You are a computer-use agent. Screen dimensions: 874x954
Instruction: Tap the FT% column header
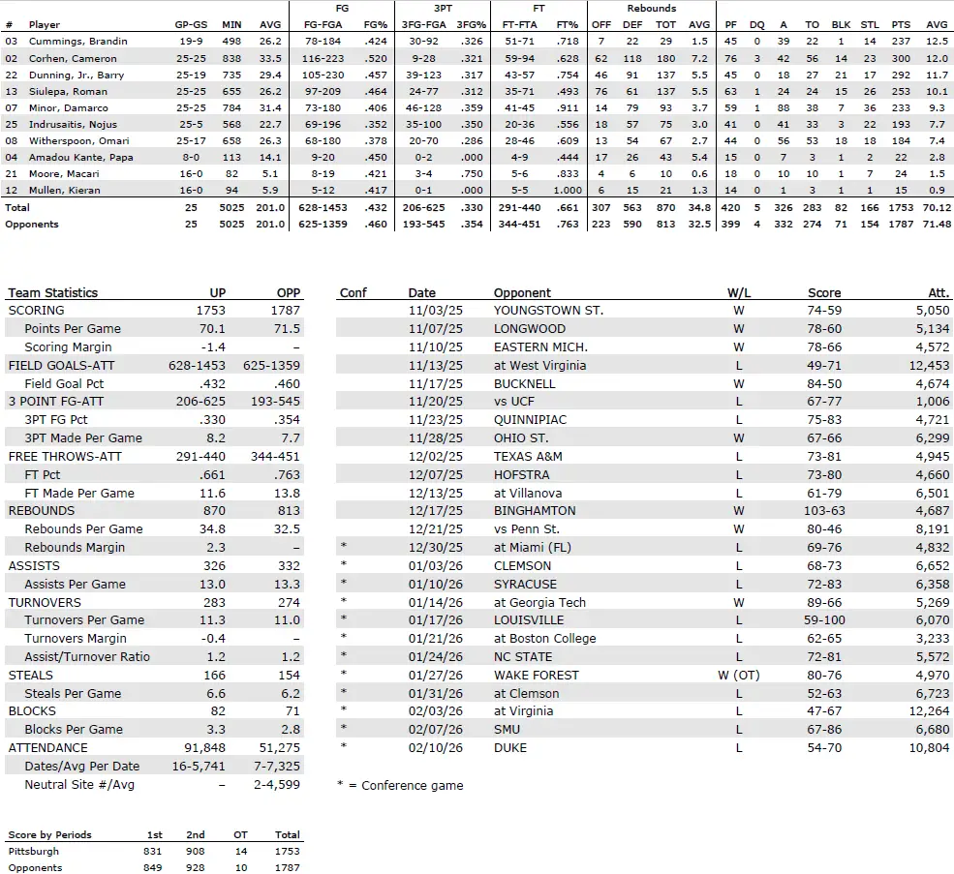pyautogui.click(x=568, y=24)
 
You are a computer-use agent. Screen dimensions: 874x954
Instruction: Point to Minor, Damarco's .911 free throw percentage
pyautogui.click(x=568, y=107)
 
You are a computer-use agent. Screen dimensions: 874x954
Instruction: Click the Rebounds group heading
pyautogui.click(x=651, y=8)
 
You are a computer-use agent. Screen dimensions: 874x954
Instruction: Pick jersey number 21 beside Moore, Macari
pyautogui.click(x=11, y=173)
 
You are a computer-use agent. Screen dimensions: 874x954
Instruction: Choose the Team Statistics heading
pyautogui.click(x=52, y=292)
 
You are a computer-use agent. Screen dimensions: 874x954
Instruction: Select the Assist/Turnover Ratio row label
pyautogui.click(x=86, y=656)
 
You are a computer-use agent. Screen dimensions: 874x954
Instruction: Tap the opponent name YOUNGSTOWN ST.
pyautogui.click(x=548, y=310)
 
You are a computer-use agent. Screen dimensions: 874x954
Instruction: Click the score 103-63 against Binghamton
pyautogui.click(x=823, y=510)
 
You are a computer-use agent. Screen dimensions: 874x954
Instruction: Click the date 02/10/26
pyautogui.click(x=435, y=747)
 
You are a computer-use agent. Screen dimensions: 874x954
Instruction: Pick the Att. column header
pyautogui.click(x=938, y=292)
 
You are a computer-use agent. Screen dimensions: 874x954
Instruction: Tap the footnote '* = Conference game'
pyautogui.click(x=399, y=785)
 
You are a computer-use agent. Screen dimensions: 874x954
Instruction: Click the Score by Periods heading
pyautogui.click(x=49, y=834)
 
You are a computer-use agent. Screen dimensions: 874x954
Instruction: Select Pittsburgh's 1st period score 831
pyautogui.click(x=155, y=851)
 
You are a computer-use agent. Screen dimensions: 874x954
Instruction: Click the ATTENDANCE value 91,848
pyautogui.click(x=203, y=747)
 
